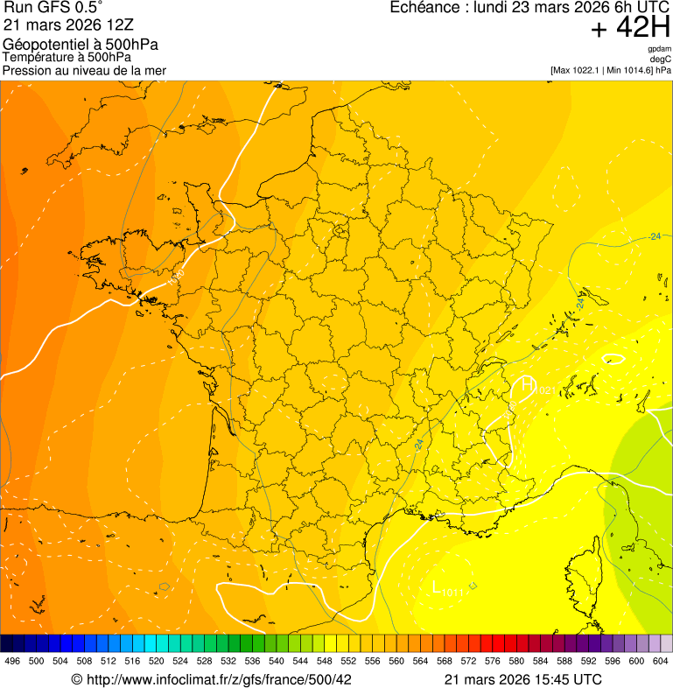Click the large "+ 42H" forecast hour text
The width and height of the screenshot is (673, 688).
(630, 28)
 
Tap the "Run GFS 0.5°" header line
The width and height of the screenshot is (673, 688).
(53, 8)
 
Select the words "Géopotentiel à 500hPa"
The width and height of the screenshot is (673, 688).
(81, 45)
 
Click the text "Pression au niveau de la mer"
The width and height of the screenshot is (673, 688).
(84, 70)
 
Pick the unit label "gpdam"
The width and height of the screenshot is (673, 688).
(660, 50)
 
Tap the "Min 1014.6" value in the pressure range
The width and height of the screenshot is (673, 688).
(628, 70)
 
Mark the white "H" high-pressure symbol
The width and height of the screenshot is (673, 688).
(528, 384)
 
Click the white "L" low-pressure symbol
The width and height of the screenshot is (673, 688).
(438, 587)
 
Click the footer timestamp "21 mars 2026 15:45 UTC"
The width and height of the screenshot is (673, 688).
(522, 679)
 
